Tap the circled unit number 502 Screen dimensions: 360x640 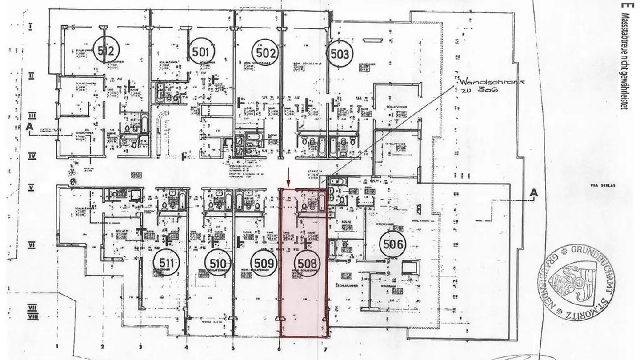pyautogui.click(x=265, y=53)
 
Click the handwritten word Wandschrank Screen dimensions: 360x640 pyautogui.click(x=480, y=83)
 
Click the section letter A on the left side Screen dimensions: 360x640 pyautogui.click(x=30, y=127)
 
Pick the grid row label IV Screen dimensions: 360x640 pyautogui.click(x=31, y=156)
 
